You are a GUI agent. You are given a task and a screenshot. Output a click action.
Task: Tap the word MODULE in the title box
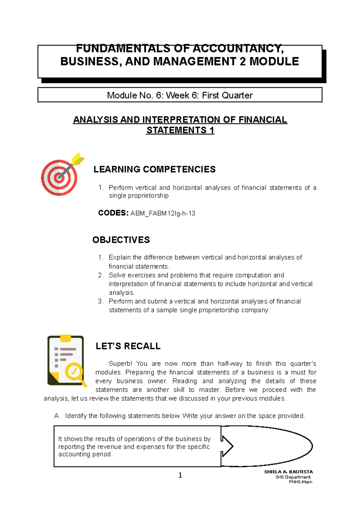point(274,61)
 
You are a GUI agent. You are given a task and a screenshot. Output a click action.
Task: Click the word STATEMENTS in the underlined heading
point(176,130)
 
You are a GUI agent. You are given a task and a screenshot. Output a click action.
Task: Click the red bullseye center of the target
point(59,178)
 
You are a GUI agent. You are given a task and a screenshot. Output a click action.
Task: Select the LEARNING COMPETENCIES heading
point(154,169)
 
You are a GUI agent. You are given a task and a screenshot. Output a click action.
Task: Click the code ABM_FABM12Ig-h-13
point(163,213)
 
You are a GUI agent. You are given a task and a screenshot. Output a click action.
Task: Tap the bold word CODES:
point(113,213)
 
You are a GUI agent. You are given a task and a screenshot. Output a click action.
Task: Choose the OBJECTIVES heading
point(121,240)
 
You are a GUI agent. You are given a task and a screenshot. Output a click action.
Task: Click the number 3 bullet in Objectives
point(100,301)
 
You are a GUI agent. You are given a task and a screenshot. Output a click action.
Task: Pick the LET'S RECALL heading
point(128,346)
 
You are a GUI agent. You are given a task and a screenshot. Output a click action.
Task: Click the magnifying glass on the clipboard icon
point(74,372)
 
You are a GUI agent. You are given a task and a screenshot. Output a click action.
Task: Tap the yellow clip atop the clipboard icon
point(65,338)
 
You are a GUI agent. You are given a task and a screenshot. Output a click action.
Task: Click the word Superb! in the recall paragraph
point(120,364)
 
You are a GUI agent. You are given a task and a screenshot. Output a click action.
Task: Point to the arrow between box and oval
point(227,446)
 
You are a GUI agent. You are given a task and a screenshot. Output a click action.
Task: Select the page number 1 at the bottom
point(180,475)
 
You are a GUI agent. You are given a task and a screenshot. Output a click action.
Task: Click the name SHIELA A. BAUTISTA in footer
point(288,472)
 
